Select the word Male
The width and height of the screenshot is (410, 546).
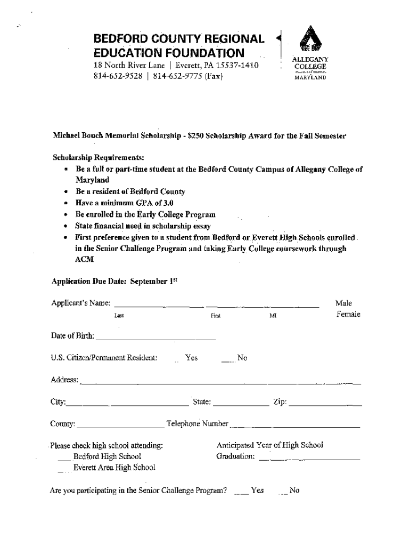(x=343, y=303)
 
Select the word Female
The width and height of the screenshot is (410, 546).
(x=348, y=314)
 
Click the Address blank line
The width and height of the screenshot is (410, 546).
(x=220, y=382)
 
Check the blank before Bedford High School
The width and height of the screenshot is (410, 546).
(x=64, y=458)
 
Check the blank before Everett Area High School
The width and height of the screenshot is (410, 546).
(x=64, y=470)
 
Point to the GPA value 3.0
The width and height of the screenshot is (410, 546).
(x=167, y=203)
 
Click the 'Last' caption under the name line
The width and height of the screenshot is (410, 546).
(x=119, y=316)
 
